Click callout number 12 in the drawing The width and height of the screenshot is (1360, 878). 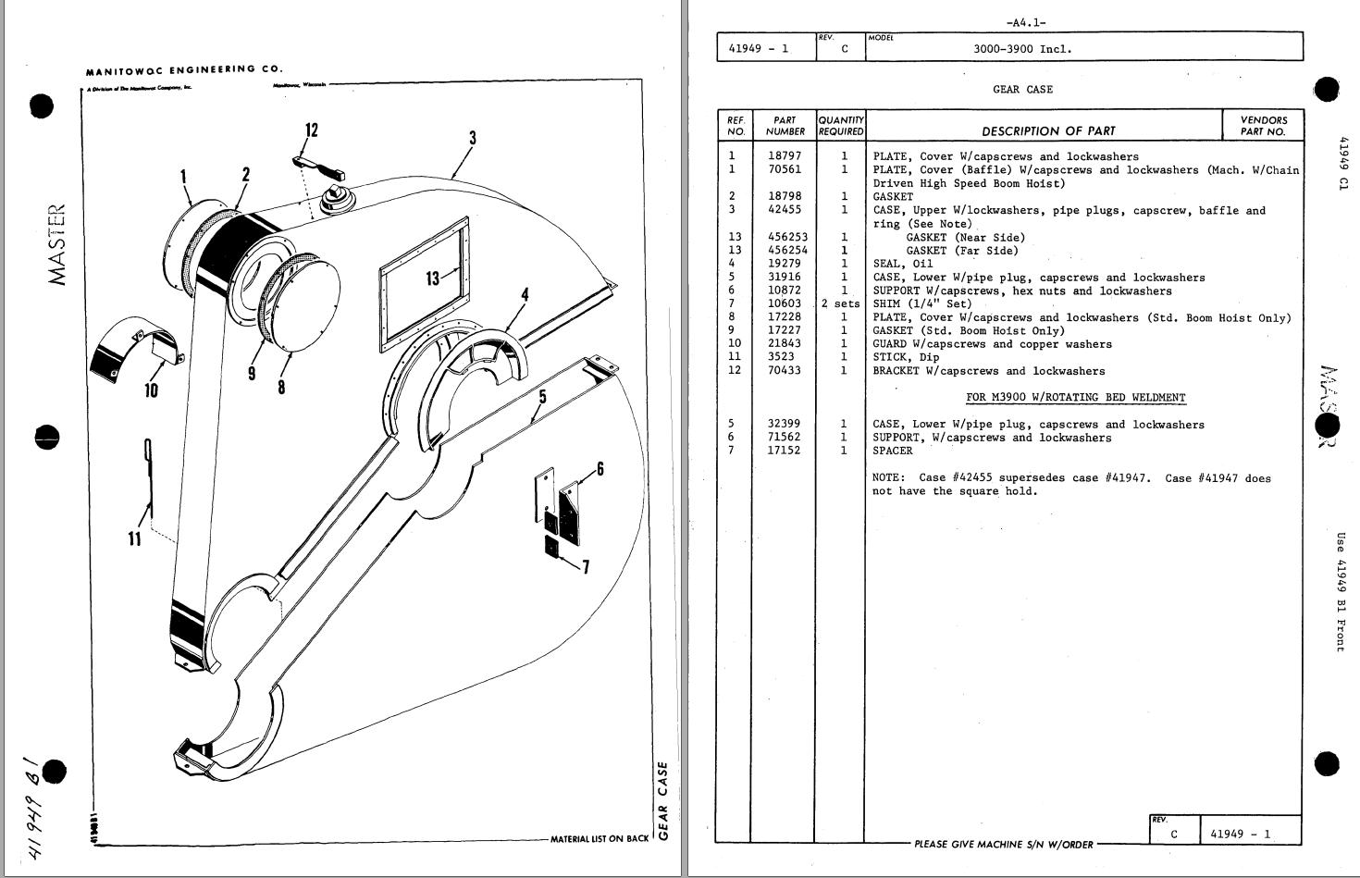coord(312,130)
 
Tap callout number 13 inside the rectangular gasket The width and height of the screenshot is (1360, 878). coord(432,277)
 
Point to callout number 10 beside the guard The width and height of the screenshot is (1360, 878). coord(151,390)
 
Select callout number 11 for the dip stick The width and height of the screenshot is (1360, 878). coord(135,538)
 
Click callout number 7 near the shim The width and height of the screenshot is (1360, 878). coord(585,566)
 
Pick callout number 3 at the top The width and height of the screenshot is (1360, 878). coord(472,138)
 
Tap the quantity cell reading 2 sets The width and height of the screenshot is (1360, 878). coord(840,303)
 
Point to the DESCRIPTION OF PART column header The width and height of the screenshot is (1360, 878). coord(1048,131)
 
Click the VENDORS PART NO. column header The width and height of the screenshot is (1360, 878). coord(1263,126)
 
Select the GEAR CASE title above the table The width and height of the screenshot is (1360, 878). coord(1022,90)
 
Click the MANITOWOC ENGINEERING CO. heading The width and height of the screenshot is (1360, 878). coord(184,69)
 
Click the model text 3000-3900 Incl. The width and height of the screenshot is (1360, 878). coord(1022,49)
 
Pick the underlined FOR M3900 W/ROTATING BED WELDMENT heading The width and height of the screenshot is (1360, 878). coord(1075,398)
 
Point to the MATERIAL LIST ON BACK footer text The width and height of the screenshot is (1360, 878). coord(600,839)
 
